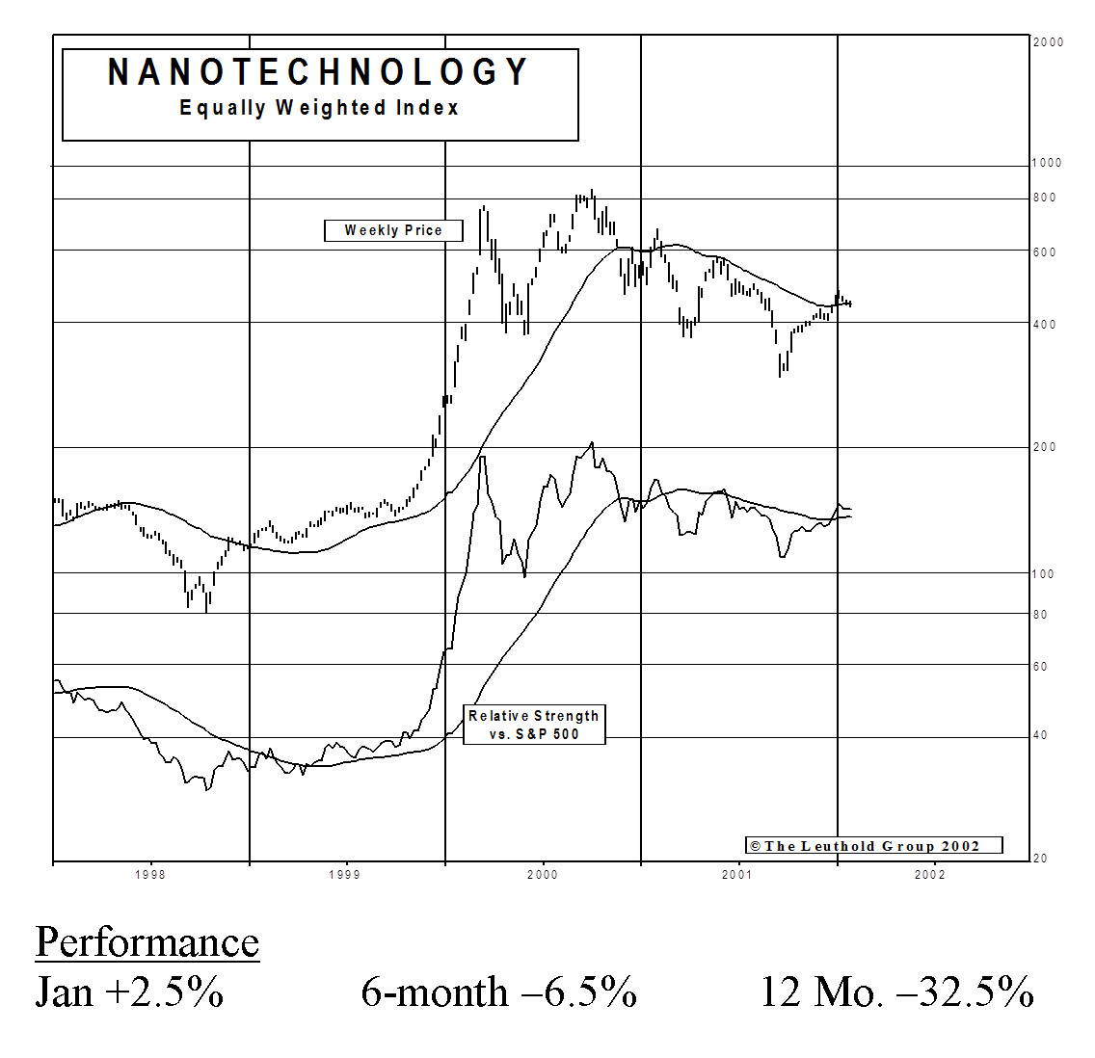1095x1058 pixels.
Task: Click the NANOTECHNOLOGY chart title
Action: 318,72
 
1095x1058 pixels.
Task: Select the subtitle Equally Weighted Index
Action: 319,108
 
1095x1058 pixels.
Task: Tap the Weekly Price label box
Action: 393,230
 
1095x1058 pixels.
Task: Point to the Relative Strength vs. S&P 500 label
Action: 534,725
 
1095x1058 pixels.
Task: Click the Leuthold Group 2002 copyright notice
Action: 873,846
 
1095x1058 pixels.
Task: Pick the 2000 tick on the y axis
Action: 1048,42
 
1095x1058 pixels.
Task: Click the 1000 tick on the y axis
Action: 1047,163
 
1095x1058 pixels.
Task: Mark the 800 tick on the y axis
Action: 1044,198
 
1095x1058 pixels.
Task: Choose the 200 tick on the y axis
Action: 1044,447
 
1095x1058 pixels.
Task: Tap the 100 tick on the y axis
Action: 1044,574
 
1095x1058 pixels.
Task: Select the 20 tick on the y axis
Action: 1040,859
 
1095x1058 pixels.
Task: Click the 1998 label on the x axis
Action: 150,875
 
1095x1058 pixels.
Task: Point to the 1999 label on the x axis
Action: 345,875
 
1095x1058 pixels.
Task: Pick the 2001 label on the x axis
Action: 736,875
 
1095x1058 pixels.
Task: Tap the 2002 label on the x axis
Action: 930,875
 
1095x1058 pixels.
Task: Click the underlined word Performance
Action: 147,942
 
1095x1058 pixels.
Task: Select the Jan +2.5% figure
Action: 130,992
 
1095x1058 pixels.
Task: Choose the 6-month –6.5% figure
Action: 499,992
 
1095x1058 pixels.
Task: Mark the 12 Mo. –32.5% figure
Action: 897,992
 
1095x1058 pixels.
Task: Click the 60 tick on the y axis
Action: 1040,667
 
